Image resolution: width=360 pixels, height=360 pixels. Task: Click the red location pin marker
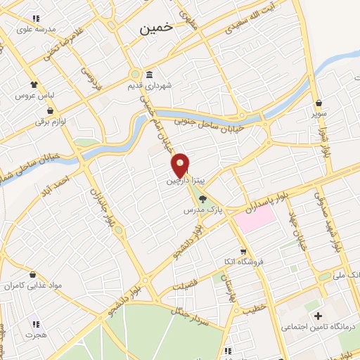181,165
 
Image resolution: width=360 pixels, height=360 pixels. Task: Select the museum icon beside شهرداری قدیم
149,75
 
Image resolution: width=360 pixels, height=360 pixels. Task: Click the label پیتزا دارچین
184,181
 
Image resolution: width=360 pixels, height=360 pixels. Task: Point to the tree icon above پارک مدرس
203,199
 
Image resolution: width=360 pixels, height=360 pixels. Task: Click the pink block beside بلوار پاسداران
255,218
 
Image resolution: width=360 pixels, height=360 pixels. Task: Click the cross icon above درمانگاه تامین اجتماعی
318,316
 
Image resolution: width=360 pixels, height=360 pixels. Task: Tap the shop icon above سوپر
319,103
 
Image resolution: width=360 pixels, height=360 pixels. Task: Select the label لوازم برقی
51,122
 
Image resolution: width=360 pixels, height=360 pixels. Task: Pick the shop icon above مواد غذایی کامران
33,274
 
